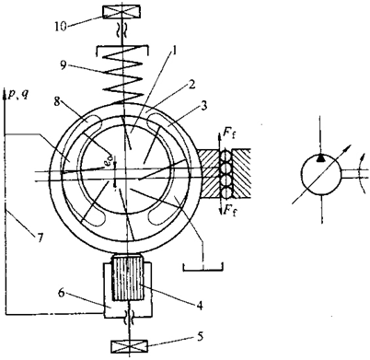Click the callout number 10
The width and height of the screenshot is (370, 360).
tap(61, 27)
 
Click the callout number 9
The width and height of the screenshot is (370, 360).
tap(64, 65)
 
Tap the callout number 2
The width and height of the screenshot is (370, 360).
tap(191, 85)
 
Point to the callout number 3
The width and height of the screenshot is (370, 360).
tap(203, 106)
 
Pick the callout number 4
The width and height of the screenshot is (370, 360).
tap(200, 306)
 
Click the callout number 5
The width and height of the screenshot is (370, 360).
tap(200, 337)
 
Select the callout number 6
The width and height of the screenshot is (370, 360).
tap(62, 293)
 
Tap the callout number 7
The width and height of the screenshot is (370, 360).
tap(40, 238)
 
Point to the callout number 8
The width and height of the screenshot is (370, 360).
tap(57, 102)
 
